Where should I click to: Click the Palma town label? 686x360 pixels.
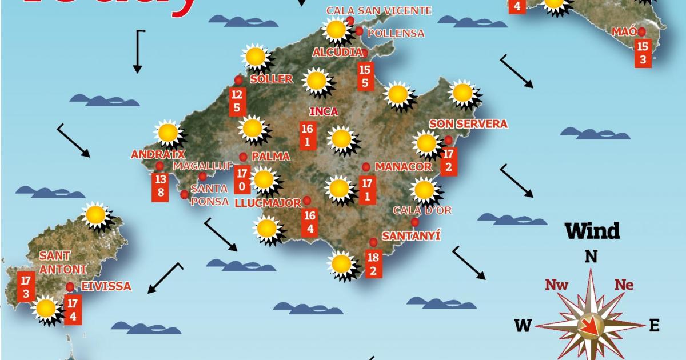270,156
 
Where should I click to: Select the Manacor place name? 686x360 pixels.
403,167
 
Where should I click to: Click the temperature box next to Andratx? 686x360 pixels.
160,186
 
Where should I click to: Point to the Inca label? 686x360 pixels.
323,111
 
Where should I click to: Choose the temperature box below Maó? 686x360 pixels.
643,53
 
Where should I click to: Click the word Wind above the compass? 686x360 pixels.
592,231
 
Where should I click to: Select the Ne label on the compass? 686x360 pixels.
624,285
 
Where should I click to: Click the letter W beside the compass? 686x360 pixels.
523,326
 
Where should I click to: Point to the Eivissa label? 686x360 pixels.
107,286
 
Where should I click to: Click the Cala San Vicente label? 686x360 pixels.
378,10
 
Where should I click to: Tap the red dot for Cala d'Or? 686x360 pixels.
414,222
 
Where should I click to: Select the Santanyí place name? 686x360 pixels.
411,235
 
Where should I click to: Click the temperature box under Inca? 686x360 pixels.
308,135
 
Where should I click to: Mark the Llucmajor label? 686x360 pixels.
268,203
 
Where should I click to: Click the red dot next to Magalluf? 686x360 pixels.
202,177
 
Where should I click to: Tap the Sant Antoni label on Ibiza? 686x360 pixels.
62,262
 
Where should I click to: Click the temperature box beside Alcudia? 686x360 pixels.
365,76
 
